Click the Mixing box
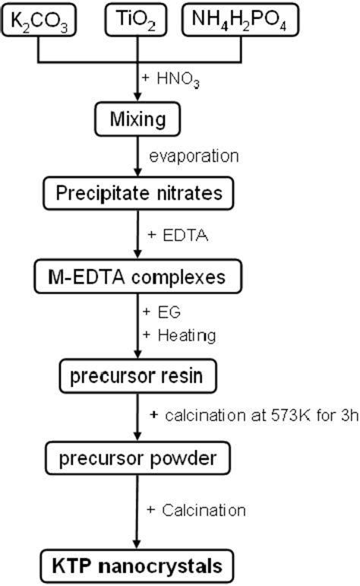[136, 120]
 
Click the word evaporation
[194, 157]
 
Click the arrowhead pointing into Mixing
[136, 100]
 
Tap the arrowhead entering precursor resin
[136, 353]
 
